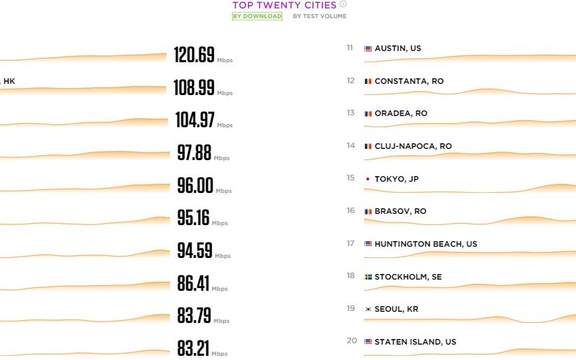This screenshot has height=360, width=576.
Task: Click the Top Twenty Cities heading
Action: tap(285, 5)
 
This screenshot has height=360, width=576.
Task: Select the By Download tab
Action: tap(257, 16)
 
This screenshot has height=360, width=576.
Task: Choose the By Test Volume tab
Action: tap(319, 16)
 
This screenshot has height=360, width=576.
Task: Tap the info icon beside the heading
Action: tap(343, 4)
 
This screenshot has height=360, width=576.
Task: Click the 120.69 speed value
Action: tap(194, 55)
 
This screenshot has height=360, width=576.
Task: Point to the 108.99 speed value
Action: tap(194, 87)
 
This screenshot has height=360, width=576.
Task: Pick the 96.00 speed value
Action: tap(195, 185)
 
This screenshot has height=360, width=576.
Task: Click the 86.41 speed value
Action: tap(194, 283)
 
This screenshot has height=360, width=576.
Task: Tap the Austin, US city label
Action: tap(398, 48)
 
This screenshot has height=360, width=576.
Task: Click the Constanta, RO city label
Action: tap(409, 81)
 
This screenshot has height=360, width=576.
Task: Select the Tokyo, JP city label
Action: tap(396, 179)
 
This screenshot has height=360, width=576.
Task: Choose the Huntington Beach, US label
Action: tap(426, 244)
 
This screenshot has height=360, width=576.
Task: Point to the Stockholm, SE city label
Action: tap(408, 277)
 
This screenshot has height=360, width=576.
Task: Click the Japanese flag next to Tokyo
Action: tap(368, 179)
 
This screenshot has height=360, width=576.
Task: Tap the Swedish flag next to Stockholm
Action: tap(368, 277)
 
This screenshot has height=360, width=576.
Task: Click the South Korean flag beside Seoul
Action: tap(368, 309)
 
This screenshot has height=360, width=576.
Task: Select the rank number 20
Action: tap(351, 341)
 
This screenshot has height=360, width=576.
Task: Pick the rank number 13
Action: tap(350, 113)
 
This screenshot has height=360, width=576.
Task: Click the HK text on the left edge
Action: tap(8, 81)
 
